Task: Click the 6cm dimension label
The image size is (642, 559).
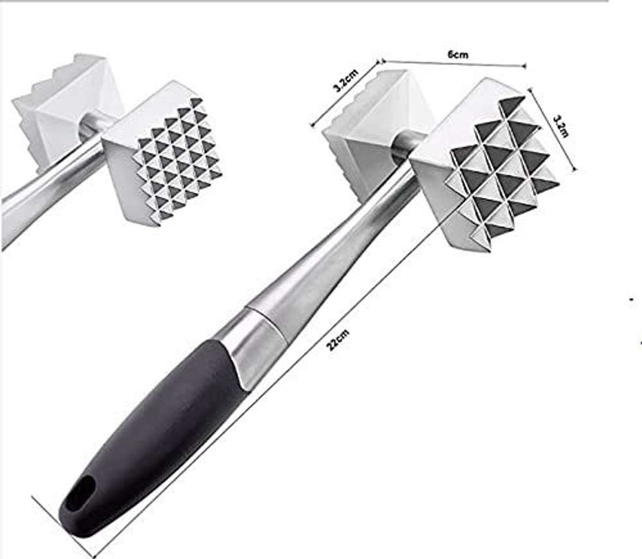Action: tap(458, 55)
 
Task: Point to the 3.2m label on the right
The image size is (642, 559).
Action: tap(561, 126)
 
